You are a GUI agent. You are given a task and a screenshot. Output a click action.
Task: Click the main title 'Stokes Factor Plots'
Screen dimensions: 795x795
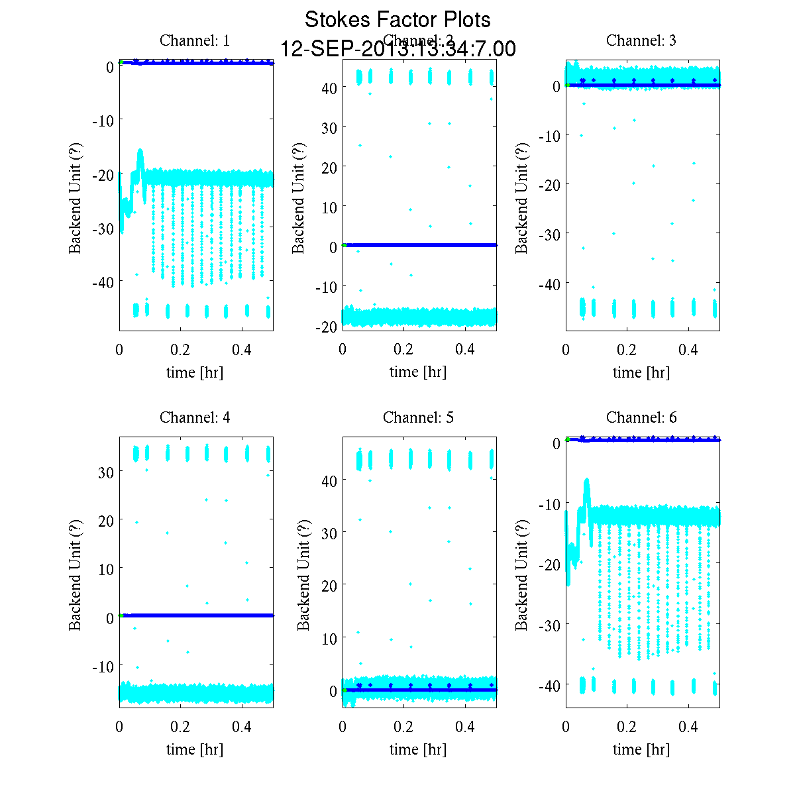tap(397, 20)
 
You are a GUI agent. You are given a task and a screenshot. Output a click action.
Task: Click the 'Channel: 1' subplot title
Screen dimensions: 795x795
tap(195, 40)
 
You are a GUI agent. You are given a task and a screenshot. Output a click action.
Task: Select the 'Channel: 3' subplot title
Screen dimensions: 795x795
tap(641, 40)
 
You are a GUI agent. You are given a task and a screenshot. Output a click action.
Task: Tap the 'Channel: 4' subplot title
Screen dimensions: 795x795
tap(195, 417)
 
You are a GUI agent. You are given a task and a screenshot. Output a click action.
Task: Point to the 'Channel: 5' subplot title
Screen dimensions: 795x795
tap(418, 417)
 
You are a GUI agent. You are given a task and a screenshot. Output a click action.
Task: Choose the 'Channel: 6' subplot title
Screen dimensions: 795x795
tap(641, 417)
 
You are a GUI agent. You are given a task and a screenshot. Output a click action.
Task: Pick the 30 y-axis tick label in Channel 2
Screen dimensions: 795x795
tap(329, 128)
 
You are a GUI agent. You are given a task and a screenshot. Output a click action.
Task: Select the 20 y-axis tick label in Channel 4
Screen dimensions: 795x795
tap(106, 521)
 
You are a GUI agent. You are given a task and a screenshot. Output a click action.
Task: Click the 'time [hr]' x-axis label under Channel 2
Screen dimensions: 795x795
tap(418, 372)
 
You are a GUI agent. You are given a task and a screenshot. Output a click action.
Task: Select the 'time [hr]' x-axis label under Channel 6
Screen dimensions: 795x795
tap(641, 749)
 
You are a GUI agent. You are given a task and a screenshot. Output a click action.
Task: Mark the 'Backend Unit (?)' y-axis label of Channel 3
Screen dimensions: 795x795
tap(521, 197)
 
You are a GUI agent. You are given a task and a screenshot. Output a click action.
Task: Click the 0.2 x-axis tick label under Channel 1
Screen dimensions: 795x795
tap(180, 350)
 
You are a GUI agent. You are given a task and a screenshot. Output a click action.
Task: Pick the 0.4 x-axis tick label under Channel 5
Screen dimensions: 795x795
tap(465, 727)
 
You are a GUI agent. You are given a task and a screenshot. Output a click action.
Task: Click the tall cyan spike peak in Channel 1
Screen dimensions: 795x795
tap(140, 152)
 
